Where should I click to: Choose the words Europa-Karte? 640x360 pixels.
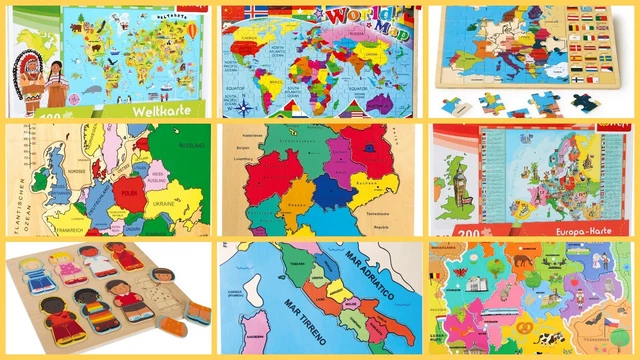pyautogui.click(x=579, y=230)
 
